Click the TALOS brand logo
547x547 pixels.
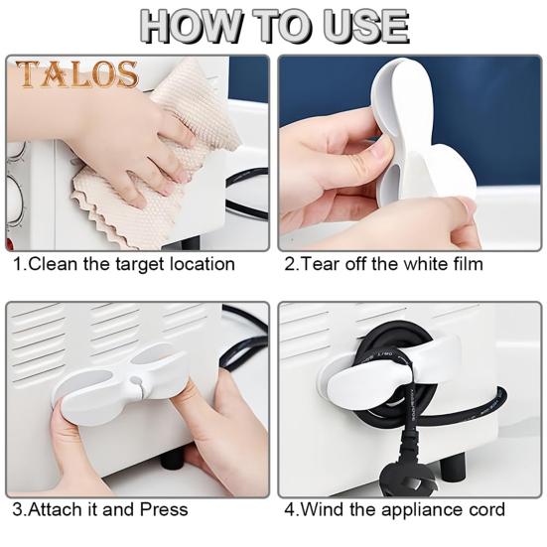[75, 74]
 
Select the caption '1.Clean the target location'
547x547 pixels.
[123, 265]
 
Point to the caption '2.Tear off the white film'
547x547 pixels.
[383, 265]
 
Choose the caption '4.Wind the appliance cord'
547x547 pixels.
[394, 509]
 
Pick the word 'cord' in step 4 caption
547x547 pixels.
[487, 509]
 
